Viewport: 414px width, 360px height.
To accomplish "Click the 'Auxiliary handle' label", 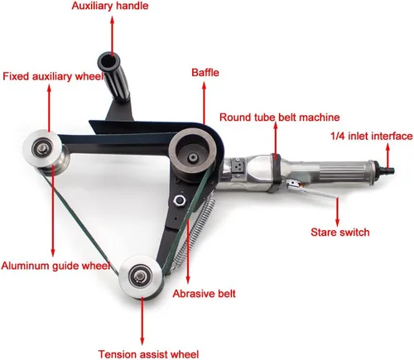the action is [x=110, y=6].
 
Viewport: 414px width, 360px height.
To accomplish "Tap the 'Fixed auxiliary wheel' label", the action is [x=53, y=76].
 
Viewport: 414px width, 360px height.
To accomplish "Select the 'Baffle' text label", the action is [x=205, y=73].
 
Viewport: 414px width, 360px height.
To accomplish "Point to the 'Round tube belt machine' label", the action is [x=279, y=118].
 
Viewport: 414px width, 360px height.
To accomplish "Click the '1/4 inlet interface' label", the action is [x=372, y=136].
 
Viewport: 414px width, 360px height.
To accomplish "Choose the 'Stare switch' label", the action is [x=340, y=233].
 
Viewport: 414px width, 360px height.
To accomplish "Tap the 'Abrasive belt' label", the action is [x=205, y=294].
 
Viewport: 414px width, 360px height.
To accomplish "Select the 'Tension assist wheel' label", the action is [x=148, y=354].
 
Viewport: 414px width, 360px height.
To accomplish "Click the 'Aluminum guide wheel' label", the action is [x=55, y=266].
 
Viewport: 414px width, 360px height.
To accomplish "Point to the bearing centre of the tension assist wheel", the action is [x=141, y=276].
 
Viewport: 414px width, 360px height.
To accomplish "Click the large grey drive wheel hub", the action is [x=193, y=155].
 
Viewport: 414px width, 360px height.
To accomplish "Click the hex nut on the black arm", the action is [x=179, y=200].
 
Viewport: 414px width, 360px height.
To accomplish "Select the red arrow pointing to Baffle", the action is [x=204, y=103].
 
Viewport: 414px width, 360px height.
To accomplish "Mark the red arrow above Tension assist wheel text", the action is [x=142, y=320].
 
